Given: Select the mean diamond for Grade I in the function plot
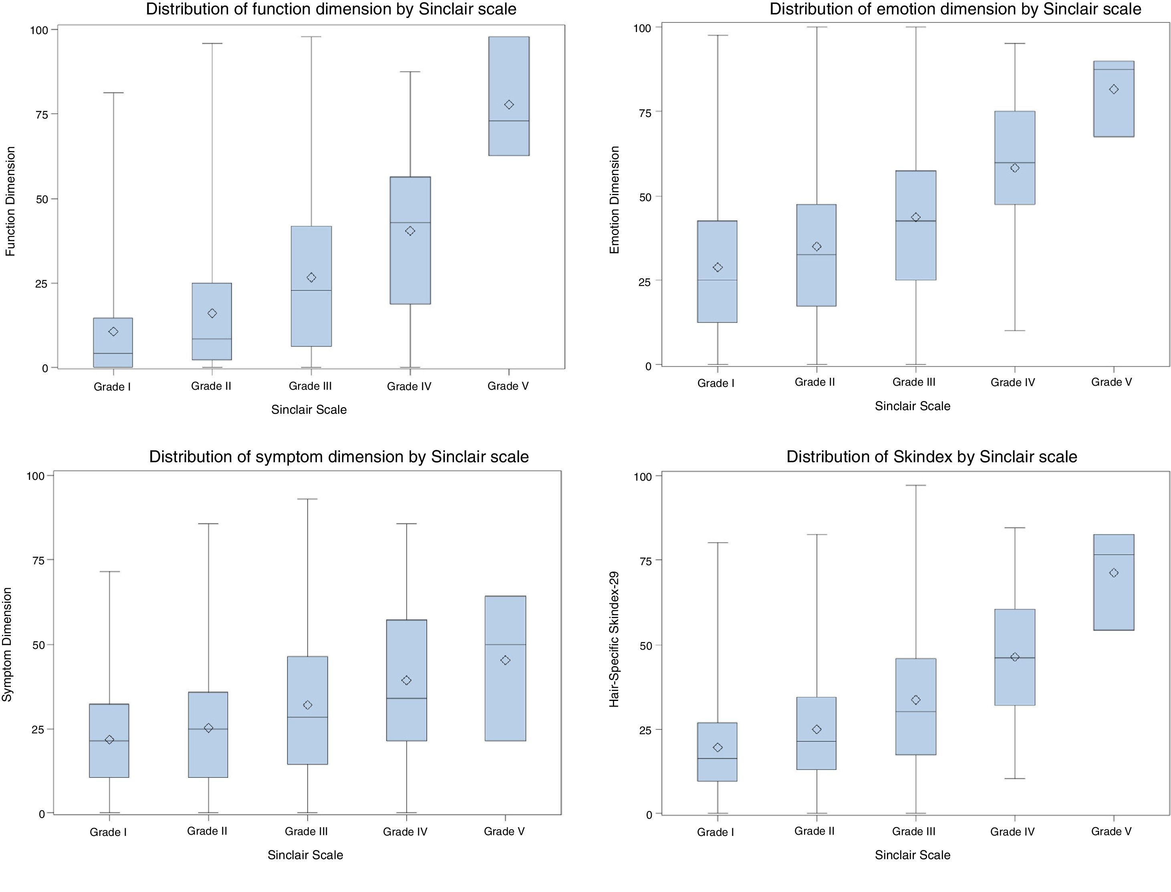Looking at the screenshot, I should coord(113,331).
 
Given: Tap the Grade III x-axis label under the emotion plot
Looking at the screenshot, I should coord(913,382).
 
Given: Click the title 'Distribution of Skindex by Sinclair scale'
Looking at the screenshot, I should coord(931,457).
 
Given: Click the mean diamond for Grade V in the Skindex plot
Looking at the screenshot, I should coord(1114,572).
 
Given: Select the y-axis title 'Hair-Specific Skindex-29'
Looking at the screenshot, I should coord(614,639).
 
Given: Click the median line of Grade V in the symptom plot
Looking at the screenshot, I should coord(505,644).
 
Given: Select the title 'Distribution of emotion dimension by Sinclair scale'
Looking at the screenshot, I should coord(955,9).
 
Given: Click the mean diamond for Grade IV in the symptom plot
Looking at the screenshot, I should coord(406,680).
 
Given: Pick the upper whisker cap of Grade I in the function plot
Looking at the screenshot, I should coord(113,93).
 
